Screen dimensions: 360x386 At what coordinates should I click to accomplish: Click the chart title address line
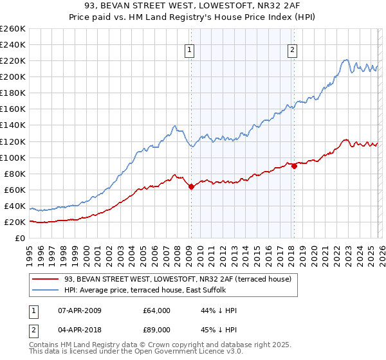[193, 6]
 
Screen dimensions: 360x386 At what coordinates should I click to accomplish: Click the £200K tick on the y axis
[13, 76]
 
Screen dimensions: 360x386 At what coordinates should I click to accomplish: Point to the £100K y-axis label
[13, 157]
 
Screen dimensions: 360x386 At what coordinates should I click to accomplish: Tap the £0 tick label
[19, 238]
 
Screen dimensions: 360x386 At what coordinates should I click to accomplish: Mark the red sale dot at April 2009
[191, 186]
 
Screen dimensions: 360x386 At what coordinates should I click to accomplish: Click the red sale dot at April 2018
[294, 166]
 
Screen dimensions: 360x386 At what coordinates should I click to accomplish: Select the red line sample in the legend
[46, 279]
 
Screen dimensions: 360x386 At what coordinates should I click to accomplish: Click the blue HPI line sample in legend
[46, 289]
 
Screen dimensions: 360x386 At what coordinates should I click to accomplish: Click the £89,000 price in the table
[156, 329]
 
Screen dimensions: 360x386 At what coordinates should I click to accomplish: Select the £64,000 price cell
[156, 310]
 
